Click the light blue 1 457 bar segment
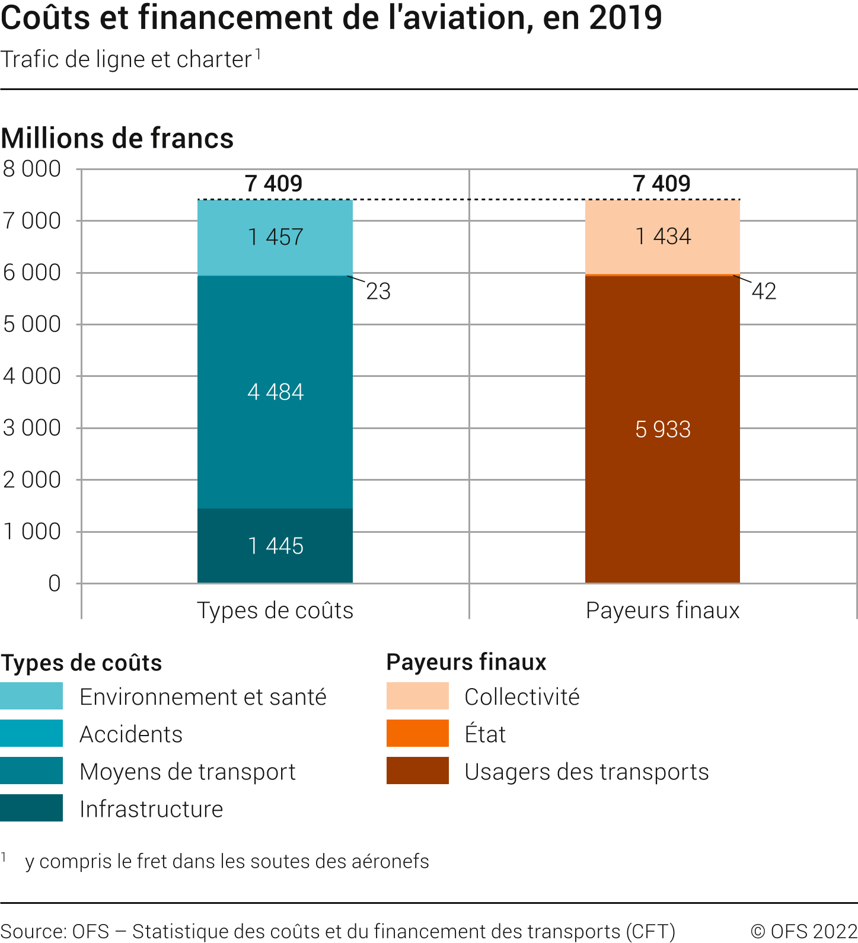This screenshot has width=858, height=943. tap(275, 237)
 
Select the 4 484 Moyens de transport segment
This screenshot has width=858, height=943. tap(275, 392)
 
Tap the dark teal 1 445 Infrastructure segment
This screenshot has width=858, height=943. tap(275, 546)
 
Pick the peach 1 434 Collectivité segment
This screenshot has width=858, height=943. tap(662, 236)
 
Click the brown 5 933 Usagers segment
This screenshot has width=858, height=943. tap(662, 429)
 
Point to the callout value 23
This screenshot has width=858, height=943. tap(378, 291)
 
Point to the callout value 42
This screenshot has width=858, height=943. tap(764, 291)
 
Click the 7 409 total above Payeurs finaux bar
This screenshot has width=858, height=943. tap(661, 184)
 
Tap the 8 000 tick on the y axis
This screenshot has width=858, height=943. tap(32, 170)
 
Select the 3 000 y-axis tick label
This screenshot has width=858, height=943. tap(32, 428)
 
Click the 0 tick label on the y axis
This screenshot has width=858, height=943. tap(54, 583)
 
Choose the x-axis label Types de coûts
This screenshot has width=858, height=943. tap(275, 610)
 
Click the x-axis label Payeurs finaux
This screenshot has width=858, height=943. tap(662, 610)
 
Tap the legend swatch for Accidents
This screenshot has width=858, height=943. tap(31, 733)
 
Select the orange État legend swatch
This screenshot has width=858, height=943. tap(417, 733)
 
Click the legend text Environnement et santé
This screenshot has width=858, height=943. tap(203, 697)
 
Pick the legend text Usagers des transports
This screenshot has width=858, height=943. tap(586, 772)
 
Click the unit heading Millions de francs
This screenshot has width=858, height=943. tap(117, 138)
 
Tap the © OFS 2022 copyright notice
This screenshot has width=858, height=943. tap(803, 931)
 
